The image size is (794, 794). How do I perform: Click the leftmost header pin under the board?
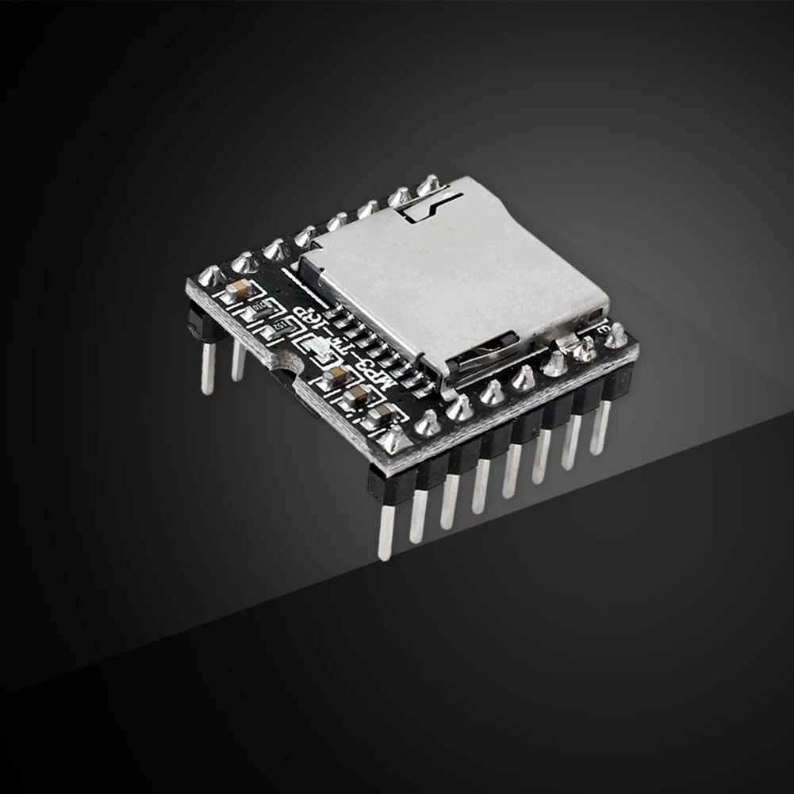207,373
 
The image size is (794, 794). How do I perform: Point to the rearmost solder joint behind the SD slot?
428,185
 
